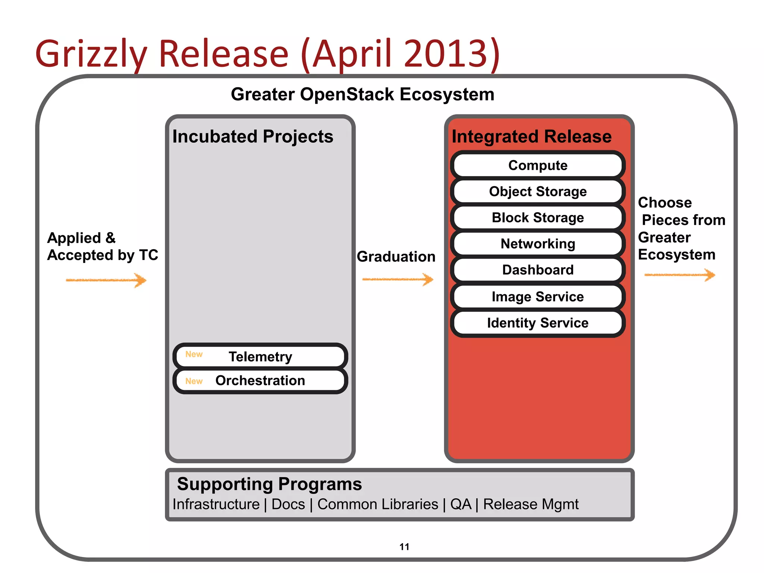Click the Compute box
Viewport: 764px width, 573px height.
(538, 165)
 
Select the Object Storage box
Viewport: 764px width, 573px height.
(538, 191)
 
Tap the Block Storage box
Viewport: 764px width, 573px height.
(538, 217)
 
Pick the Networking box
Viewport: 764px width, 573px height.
(538, 244)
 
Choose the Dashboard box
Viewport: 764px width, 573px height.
(538, 270)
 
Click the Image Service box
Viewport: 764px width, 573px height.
(538, 297)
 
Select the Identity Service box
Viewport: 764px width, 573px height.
(538, 323)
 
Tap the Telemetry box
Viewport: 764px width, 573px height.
(260, 357)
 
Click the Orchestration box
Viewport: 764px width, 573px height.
(260, 381)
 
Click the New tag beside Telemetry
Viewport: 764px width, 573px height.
(194, 354)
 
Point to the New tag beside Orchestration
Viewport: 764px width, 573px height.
(194, 381)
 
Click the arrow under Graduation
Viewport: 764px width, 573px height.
(398, 279)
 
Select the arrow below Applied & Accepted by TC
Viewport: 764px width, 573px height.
(106, 280)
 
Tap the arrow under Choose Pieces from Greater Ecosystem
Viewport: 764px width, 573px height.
(680, 275)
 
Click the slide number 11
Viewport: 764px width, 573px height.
(404, 547)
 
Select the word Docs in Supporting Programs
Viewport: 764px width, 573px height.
(288, 504)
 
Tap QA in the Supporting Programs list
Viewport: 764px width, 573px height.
(461, 504)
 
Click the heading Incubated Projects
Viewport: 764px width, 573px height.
(253, 137)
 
